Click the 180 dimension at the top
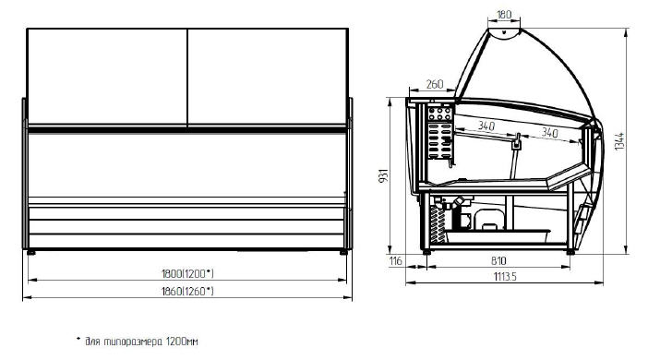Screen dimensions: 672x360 [504, 14]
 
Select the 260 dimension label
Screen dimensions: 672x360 [434, 84]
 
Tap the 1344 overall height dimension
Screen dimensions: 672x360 [619, 141]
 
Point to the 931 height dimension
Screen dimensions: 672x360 [383, 175]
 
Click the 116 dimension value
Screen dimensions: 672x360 [396, 260]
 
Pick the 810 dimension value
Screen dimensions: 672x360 [498, 260]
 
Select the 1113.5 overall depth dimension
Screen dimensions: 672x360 [505, 276]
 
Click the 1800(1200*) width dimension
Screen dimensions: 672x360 [187, 273]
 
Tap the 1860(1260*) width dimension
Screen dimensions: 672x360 [187, 292]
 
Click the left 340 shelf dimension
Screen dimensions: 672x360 [486, 126]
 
